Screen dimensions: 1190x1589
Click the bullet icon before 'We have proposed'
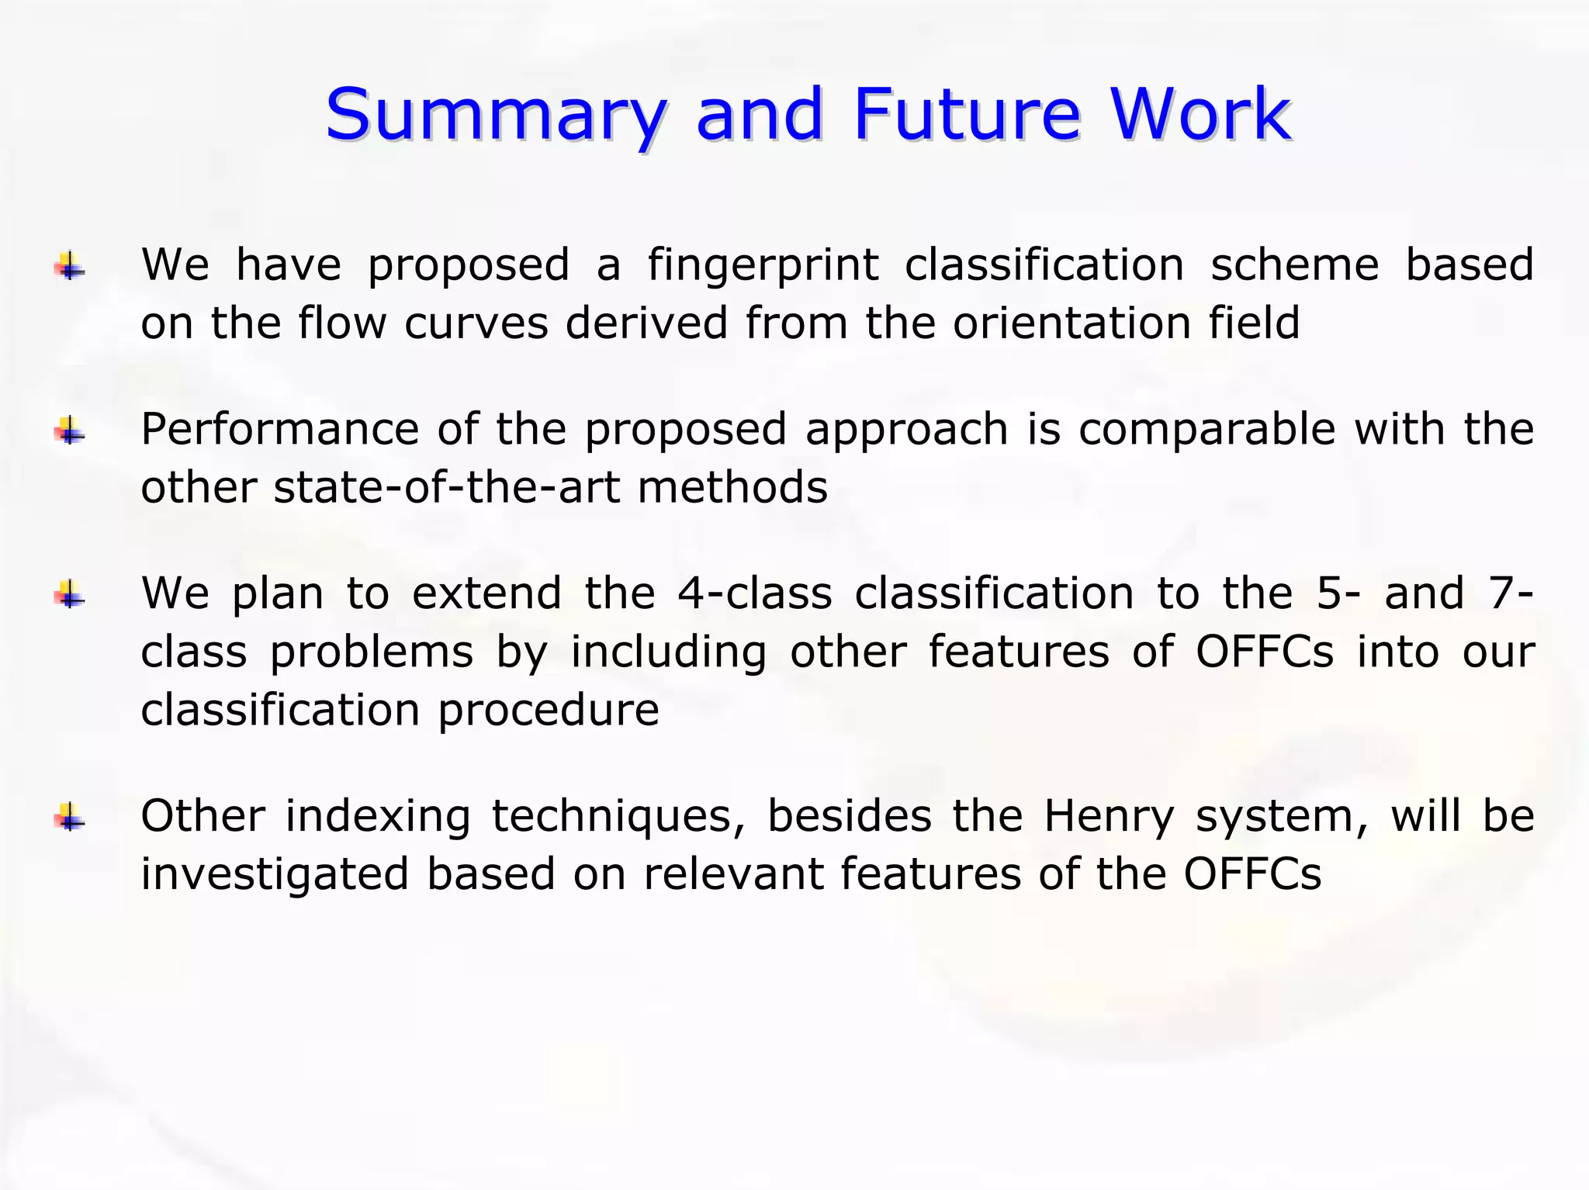[x=70, y=268]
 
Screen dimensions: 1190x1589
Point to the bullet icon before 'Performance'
[x=70, y=431]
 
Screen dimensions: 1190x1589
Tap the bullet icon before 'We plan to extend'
[x=70, y=596]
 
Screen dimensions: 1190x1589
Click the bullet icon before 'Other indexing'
[x=70, y=818]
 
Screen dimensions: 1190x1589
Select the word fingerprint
[x=763, y=265]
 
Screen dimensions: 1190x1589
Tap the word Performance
[x=279, y=429]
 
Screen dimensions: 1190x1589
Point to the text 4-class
[x=753, y=593]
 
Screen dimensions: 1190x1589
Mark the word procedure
[x=549, y=710]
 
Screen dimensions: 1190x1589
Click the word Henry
[x=1109, y=817]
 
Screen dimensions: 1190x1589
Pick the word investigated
[x=274, y=875]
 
